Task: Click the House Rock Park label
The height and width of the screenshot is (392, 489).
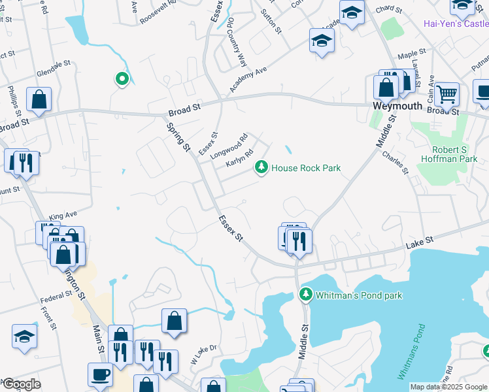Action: point(306,168)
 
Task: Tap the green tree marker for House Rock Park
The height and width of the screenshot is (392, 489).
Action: point(261,168)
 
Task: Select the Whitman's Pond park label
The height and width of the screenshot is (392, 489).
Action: point(359,295)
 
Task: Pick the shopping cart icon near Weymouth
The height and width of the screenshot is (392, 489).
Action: point(447,94)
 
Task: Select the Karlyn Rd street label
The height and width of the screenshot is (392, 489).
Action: point(239,156)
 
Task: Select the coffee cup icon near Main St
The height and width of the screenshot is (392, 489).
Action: point(100,375)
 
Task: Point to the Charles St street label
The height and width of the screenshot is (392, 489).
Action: point(395,162)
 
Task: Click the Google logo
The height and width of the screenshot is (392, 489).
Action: point(22,384)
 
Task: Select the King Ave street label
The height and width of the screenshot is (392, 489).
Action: point(63,215)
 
